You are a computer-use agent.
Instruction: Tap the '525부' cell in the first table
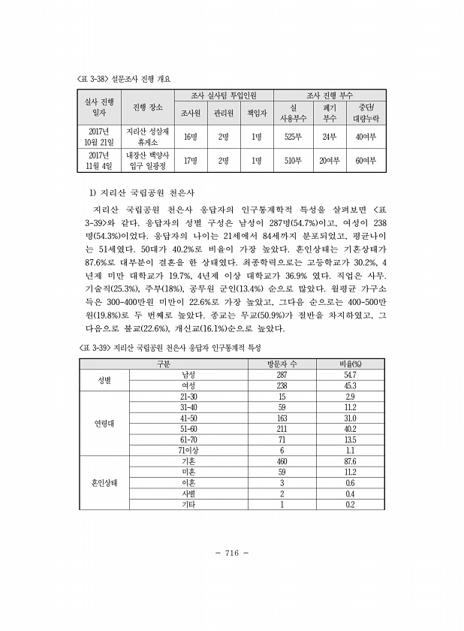pos(294,137)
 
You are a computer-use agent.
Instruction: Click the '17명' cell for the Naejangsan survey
pos(190,160)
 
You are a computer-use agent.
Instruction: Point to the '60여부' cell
pos(366,160)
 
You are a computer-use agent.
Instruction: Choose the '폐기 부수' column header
pos(329,113)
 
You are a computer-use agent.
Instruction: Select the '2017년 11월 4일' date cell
pos(99,160)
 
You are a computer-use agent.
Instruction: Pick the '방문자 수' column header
pos(282,364)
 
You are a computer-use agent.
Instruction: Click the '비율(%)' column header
pos(350,364)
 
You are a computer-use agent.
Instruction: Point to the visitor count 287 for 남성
pos(282,374)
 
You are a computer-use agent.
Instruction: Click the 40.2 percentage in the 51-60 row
pos(350,428)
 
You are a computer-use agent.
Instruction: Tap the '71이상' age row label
pos(188,450)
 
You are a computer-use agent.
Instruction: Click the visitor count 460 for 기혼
pos(282,460)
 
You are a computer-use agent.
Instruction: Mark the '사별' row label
pos(188,493)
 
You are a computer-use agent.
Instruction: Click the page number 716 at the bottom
pos(231,553)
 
